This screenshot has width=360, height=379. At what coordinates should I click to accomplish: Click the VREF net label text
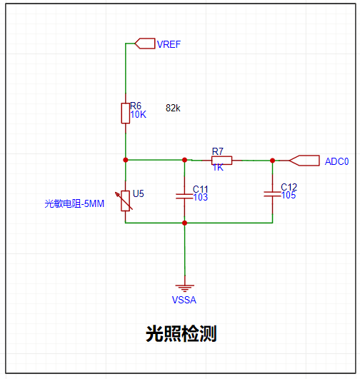(169, 44)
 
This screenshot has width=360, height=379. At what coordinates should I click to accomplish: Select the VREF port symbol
(145, 44)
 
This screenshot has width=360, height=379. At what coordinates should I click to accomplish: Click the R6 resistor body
(126, 113)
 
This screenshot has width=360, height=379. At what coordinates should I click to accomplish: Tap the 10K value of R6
(139, 115)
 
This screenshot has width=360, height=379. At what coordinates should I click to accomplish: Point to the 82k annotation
(173, 108)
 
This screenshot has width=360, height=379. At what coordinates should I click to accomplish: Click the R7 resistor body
(222, 161)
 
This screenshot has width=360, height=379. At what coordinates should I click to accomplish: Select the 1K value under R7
(218, 168)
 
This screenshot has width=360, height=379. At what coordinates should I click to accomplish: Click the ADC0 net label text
(336, 161)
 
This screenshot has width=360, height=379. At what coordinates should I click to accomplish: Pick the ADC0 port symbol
(304, 161)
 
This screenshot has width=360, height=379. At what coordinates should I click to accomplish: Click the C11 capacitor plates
(184, 196)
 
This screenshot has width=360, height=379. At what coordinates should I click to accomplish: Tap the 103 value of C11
(201, 197)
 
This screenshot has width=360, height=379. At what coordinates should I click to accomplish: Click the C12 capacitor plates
(272, 194)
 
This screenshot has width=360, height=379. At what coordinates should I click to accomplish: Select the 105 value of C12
(289, 195)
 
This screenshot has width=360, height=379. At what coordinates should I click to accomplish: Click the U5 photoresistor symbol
(125, 201)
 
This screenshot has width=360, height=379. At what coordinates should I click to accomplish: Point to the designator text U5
(139, 193)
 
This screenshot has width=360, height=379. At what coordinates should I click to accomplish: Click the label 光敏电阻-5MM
(74, 203)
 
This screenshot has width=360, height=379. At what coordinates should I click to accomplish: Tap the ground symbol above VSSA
(184, 288)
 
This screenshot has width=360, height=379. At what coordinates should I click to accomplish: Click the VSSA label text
(184, 300)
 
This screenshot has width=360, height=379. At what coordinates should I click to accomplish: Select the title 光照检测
(181, 334)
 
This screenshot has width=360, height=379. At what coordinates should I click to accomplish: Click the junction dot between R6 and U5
(126, 160)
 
